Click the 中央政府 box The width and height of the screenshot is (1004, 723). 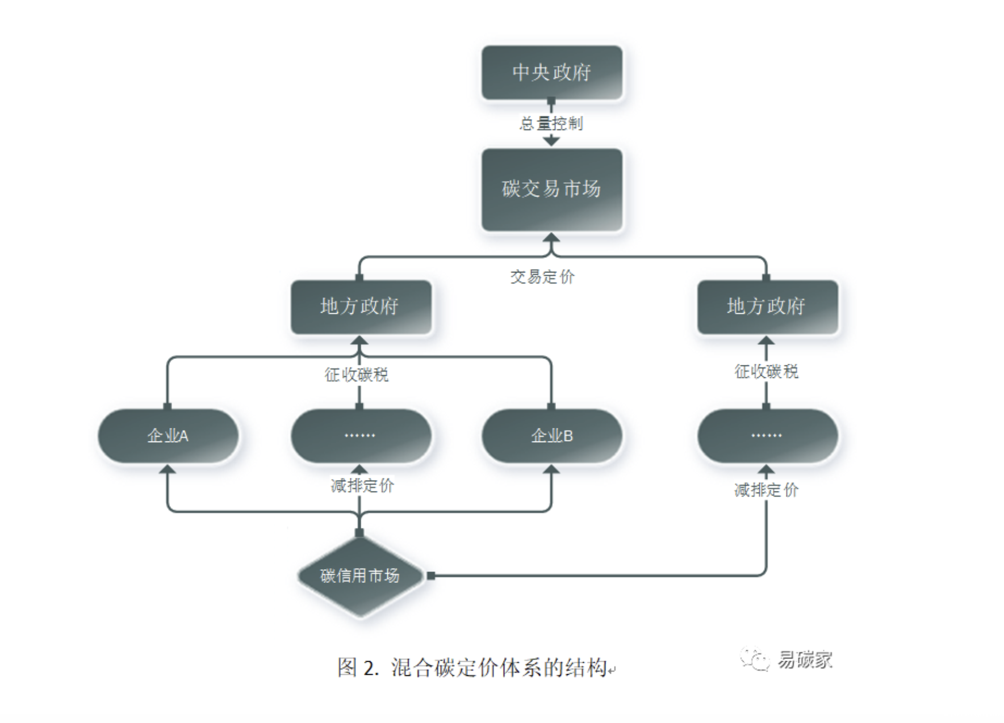point(551,73)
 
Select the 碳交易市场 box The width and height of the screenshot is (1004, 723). point(551,189)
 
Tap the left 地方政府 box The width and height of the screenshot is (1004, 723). point(361,306)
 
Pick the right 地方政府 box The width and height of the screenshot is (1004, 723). point(767,306)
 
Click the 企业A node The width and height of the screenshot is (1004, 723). point(168,435)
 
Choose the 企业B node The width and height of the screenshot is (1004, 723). point(551,435)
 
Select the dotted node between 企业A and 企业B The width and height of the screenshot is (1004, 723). point(361,435)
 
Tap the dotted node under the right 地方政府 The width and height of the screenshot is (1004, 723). point(767,435)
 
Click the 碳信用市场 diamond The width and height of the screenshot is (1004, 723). point(361,576)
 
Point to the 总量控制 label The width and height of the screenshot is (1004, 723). point(551,123)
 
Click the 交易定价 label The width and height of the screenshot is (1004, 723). point(542,277)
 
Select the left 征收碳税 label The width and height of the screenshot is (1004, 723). point(357,375)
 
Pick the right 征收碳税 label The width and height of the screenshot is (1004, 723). point(767,372)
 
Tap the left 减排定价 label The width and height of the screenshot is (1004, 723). point(362,486)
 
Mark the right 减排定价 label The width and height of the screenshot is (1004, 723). point(767,490)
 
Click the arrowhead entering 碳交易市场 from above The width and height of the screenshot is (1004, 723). point(551,140)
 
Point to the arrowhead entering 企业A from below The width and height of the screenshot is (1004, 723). point(168,469)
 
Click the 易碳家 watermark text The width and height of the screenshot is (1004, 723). point(805,660)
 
